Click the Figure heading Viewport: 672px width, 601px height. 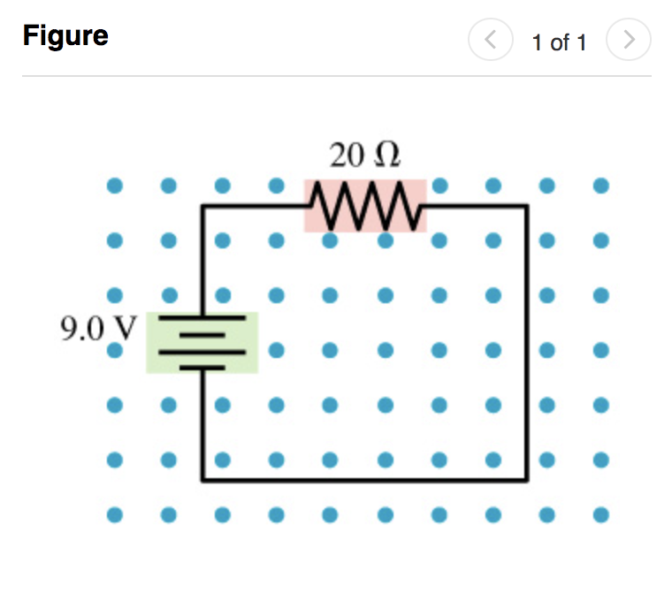click(65, 36)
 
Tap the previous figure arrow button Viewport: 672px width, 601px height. click(491, 40)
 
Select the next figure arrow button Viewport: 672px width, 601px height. click(629, 40)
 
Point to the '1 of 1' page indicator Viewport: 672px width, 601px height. click(559, 42)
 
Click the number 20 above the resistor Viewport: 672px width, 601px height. click(346, 156)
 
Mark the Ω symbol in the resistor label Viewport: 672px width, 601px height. click(387, 156)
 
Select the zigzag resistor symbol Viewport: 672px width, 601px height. click(365, 205)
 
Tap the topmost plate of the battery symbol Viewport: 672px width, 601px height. click(202, 316)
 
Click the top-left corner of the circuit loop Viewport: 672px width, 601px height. click(202, 206)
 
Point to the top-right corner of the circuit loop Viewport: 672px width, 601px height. click(528, 206)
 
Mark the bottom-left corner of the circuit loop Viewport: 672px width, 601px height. click(202, 481)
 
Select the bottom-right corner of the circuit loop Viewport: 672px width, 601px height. click(528, 481)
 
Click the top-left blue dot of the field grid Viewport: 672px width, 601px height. click(114, 186)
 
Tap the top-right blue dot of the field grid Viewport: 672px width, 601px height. click(601, 186)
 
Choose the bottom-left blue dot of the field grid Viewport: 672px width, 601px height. click(114, 514)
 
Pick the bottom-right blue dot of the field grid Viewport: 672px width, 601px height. click(601, 514)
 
